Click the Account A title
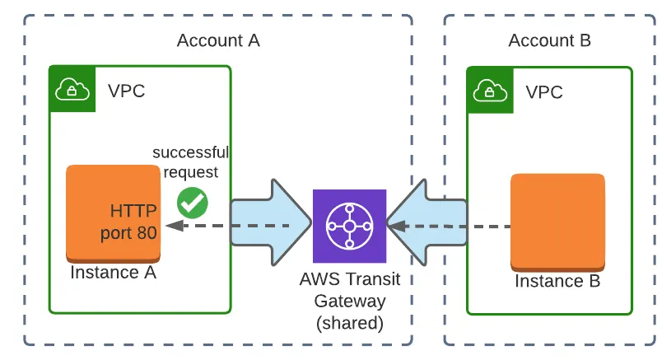(218, 40)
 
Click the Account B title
(549, 40)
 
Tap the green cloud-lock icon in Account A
(72, 88)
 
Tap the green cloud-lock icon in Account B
(489, 90)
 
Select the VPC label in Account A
(126, 91)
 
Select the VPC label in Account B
(544, 92)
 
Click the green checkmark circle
(193, 202)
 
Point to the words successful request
(190, 162)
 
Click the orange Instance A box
(113, 213)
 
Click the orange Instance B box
(557, 221)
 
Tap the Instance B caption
(557, 281)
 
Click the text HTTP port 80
(128, 222)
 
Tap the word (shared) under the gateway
(350, 323)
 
